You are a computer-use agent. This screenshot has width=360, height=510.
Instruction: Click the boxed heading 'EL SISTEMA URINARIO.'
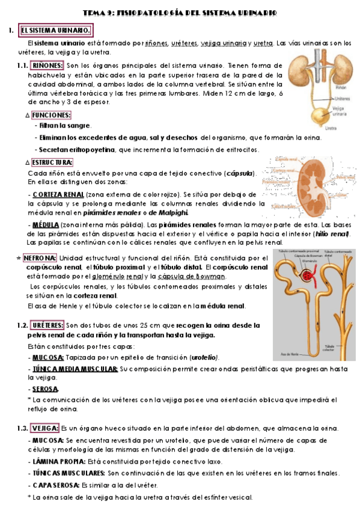pyautogui.click(x=55, y=30)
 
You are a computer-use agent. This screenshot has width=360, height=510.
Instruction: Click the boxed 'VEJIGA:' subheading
pyautogui.click(x=44, y=428)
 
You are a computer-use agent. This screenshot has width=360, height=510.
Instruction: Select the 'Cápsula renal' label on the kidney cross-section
pyautogui.click(x=287, y=158)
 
